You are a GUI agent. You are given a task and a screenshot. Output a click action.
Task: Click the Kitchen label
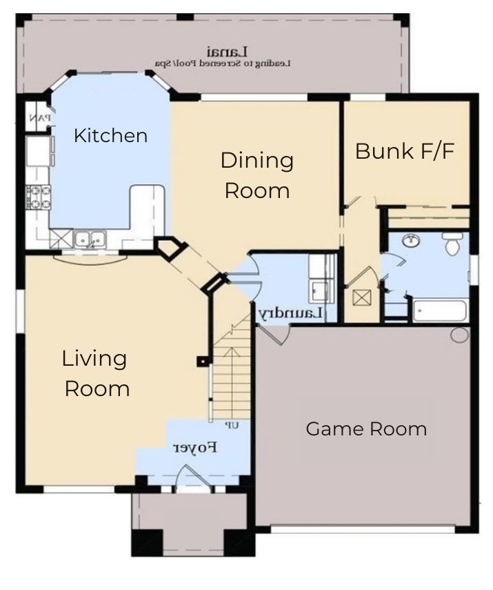coord(110,135)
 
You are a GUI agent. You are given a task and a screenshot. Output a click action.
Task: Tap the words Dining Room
coord(256,175)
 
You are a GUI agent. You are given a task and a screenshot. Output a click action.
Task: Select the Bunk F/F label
coord(405,151)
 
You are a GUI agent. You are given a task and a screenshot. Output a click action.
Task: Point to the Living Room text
coord(97,373)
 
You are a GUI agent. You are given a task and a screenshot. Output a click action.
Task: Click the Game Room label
coord(366,429)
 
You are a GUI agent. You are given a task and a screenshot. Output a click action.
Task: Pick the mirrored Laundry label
coord(291,313)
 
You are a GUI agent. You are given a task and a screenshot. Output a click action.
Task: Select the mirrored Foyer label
coord(195,447)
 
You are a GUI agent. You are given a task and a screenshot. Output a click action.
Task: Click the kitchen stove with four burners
coord(37,197)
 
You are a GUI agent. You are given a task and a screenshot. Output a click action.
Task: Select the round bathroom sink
coord(411,241)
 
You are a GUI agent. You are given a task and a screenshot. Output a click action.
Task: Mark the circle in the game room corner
coord(459,335)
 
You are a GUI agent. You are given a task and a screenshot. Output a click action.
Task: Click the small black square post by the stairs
coord(202,360)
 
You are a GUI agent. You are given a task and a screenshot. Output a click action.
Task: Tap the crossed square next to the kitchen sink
coord(61,239)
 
